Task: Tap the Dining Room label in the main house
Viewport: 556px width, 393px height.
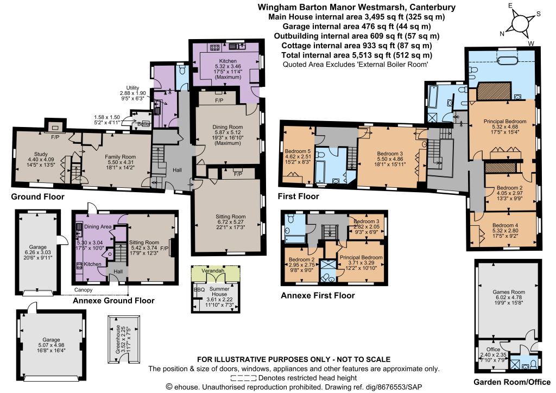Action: point(228,127)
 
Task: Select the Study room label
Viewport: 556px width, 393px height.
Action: point(41,154)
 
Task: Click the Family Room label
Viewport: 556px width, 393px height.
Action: point(120,157)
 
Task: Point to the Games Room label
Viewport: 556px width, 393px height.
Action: point(509,292)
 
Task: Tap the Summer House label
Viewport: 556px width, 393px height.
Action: point(219,291)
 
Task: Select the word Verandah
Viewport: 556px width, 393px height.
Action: point(213,271)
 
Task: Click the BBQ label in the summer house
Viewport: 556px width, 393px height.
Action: point(199,289)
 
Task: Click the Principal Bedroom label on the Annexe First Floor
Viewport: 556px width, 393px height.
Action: point(361,257)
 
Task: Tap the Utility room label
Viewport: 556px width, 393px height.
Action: point(132,88)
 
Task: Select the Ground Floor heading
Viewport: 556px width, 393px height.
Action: point(37,196)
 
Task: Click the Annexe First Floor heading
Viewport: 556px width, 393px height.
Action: point(318,295)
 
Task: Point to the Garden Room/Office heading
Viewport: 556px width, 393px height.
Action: point(512,382)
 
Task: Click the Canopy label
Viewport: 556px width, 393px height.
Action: point(83,289)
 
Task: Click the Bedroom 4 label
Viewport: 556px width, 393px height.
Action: point(506,225)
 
